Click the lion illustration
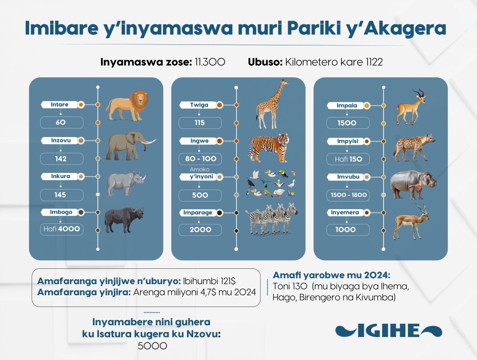(127, 105)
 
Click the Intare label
(59, 105)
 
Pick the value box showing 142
(62, 159)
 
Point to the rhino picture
(126, 184)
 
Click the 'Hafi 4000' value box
(62, 229)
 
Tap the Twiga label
(199, 105)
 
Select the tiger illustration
(269, 148)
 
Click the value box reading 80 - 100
(200, 159)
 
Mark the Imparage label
(198, 212)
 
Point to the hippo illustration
(413, 184)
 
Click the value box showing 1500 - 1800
(348, 195)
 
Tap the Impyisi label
(347, 141)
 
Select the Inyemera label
(345, 212)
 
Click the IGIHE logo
(388, 331)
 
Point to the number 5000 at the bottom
(153, 346)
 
